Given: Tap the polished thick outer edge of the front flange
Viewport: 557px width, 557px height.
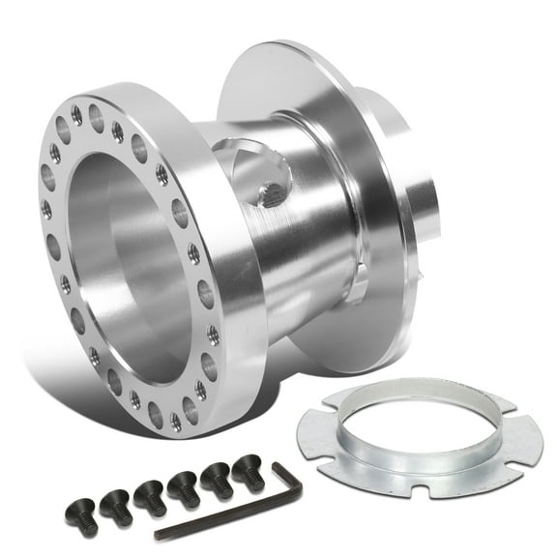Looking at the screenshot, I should click(237, 290).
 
